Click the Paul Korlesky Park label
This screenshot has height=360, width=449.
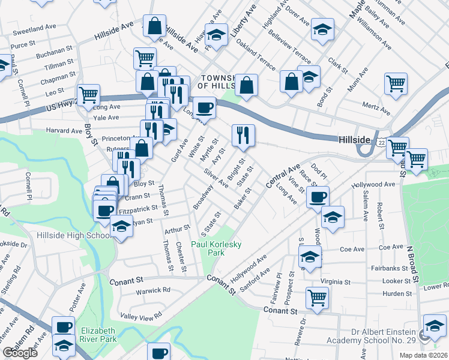click(208, 248)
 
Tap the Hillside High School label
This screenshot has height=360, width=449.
click(71, 235)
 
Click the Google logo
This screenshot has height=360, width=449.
click(20, 353)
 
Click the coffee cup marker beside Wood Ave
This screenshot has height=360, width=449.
click(318, 196)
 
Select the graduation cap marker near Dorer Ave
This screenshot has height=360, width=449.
click(323, 31)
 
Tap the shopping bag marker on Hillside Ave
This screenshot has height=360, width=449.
click(155, 26)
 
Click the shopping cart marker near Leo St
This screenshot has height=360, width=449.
click(88, 95)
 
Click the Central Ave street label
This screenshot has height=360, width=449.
click(282, 174)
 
